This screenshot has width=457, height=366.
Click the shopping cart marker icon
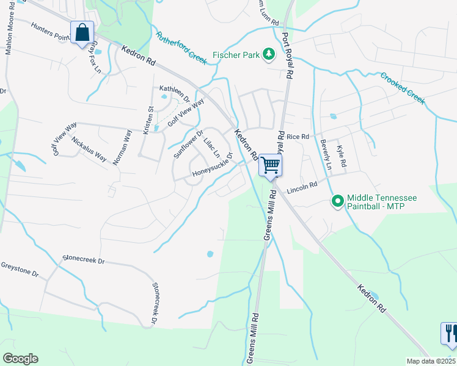[270, 164]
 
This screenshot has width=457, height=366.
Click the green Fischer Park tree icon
[268, 55]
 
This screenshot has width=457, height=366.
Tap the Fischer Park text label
[235, 55]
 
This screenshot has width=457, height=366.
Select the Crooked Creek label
[402, 88]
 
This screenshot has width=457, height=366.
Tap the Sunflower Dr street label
[188, 144]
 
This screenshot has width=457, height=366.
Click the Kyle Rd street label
[342, 156]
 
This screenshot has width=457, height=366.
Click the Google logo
[20, 359]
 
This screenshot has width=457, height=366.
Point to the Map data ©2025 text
[431, 361]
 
